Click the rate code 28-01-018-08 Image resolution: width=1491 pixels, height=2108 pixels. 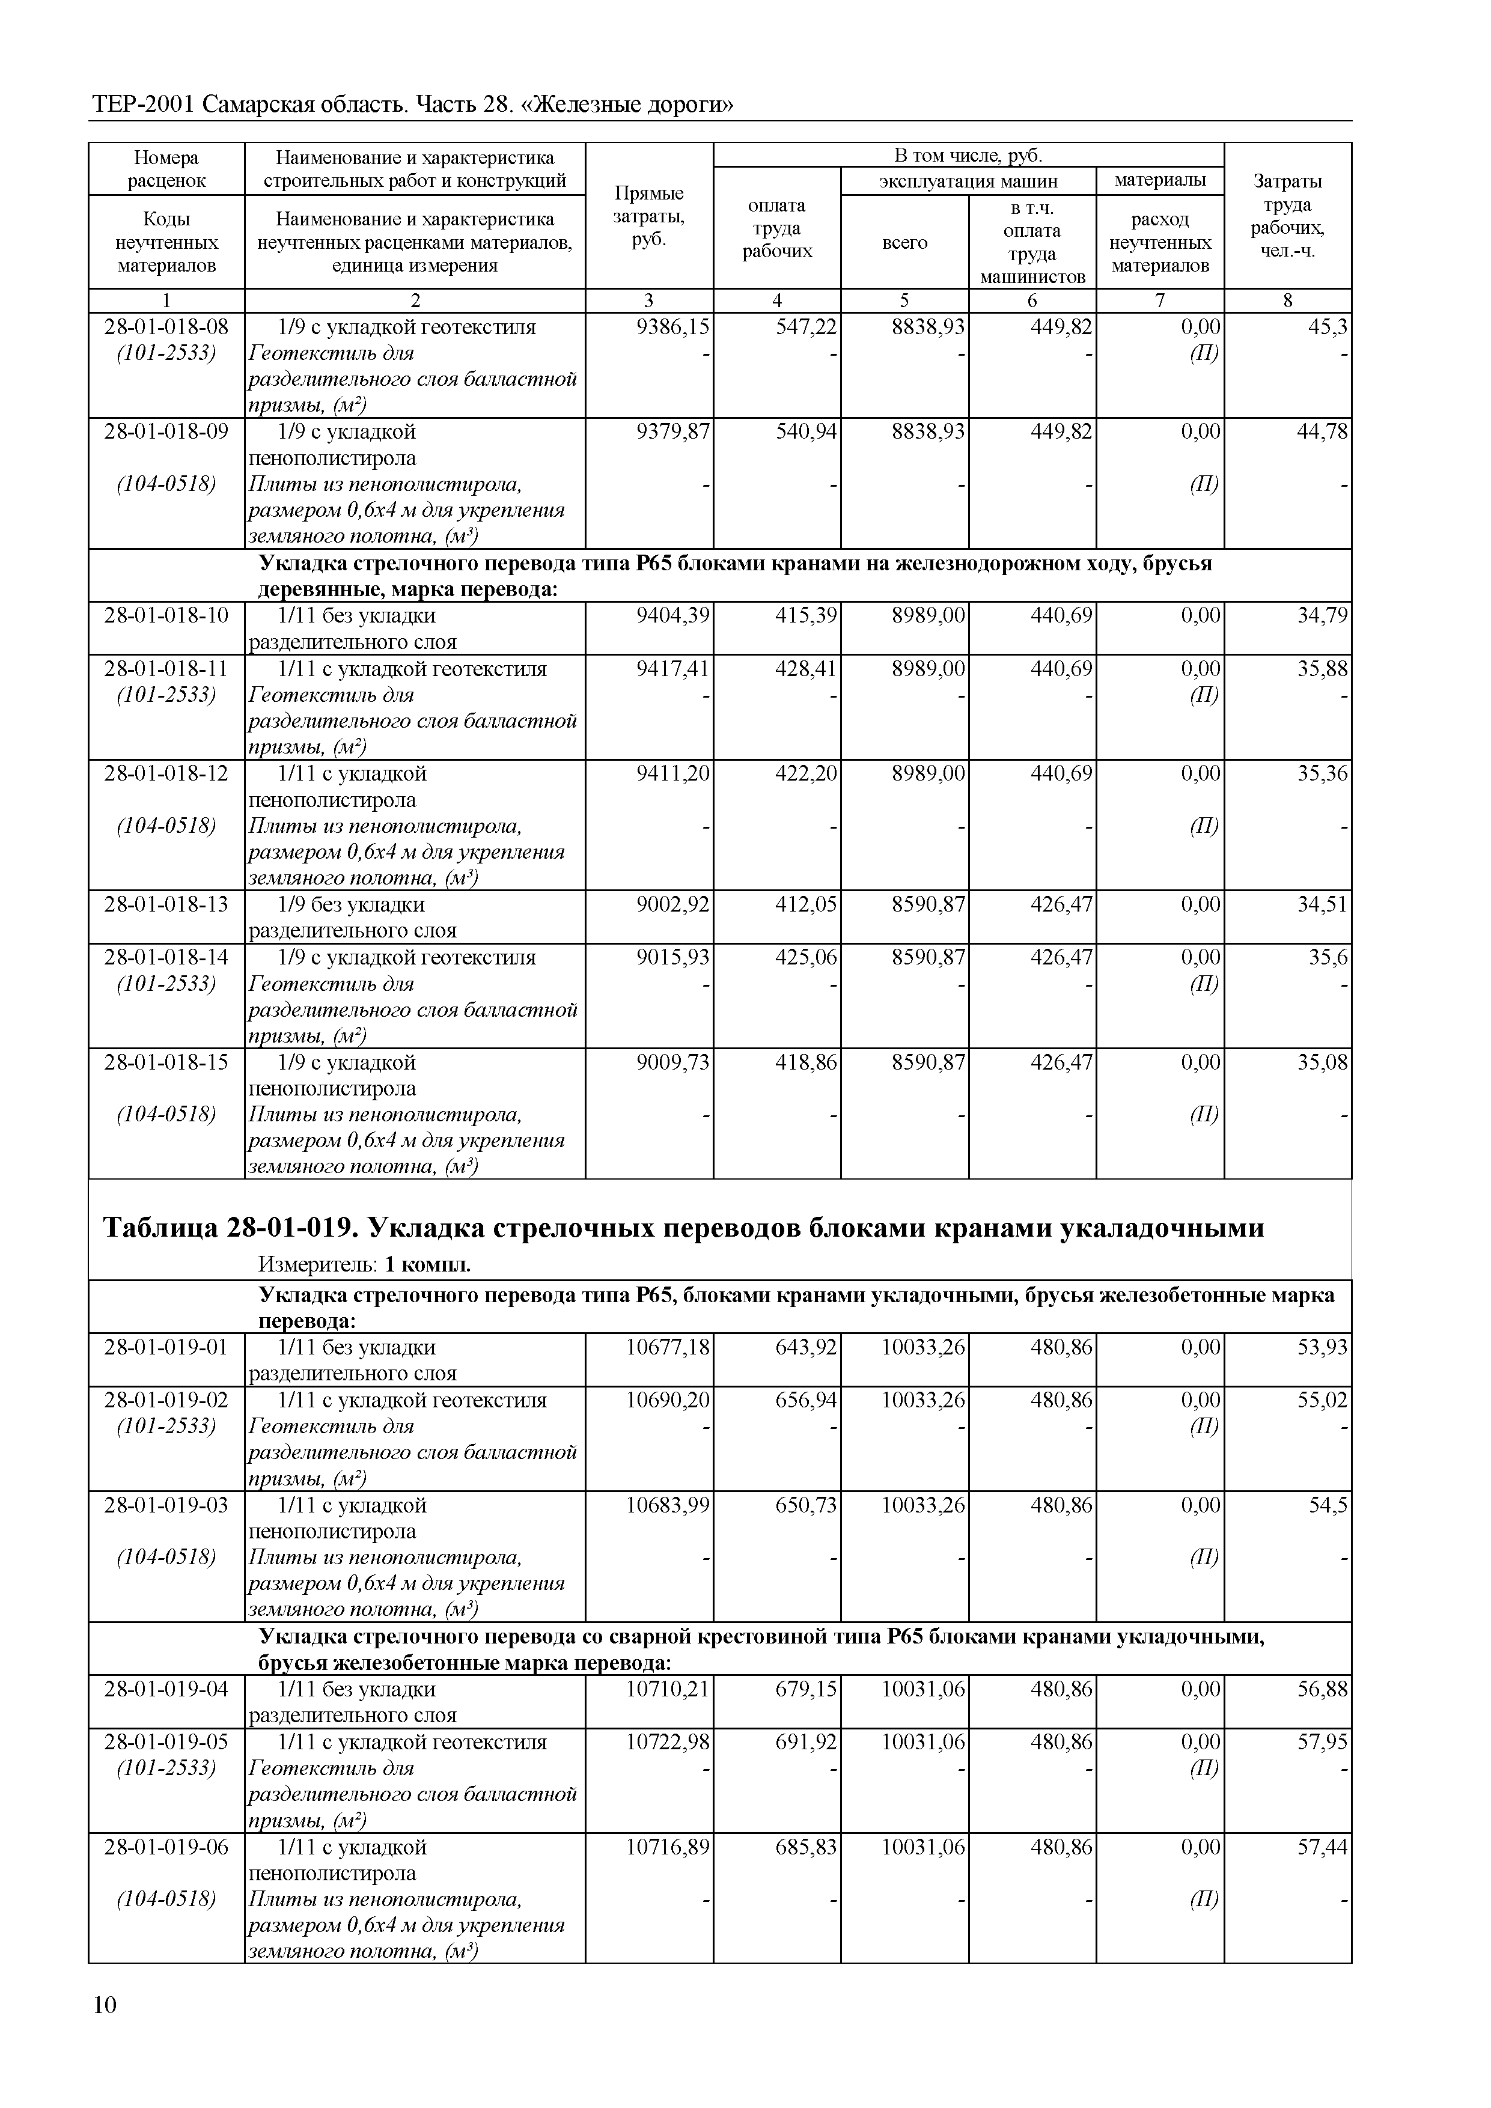(166, 327)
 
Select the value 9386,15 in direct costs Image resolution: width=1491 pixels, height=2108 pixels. (673, 327)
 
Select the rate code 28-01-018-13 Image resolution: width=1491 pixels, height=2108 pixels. (166, 905)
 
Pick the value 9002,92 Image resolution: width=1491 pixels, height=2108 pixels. (673, 905)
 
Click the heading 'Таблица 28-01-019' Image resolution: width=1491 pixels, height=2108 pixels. (683, 1228)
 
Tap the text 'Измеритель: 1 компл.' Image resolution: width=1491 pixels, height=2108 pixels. (365, 1265)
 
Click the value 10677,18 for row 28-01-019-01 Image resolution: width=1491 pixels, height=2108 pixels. (668, 1348)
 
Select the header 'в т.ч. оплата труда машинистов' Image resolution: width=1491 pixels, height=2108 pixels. (1032, 242)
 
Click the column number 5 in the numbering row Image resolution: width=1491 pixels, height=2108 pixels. (904, 300)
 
